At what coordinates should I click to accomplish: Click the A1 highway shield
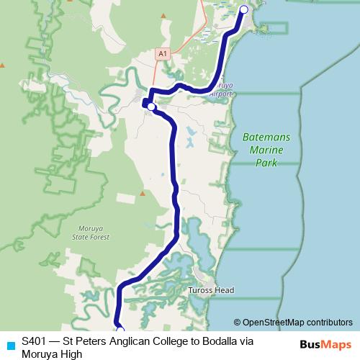pyautogui.click(x=163, y=54)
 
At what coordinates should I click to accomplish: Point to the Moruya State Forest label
pyautogui.click(x=91, y=232)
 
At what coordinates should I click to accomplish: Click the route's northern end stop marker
pyautogui.click(x=243, y=9)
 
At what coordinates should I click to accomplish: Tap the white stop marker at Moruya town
pyautogui.click(x=151, y=107)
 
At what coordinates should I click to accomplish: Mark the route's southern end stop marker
pyautogui.click(x=120, y=330)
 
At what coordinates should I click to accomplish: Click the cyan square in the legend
pyautogui.click(x=10, y=345)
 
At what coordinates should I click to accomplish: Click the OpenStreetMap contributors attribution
pyautogui.click(x=293, y=322)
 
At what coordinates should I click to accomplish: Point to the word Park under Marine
pyautogui.click(x=266, y=163)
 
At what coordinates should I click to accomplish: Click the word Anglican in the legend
pyautogui.click(x=117, y=341)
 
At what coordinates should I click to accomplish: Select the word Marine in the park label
pyautogui.click(x=266, y=150)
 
